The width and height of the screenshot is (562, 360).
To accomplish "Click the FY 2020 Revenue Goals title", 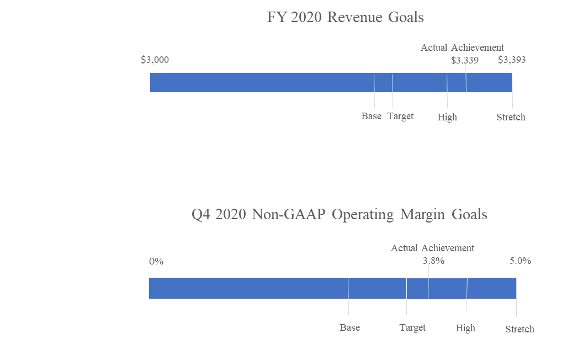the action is [345, 17].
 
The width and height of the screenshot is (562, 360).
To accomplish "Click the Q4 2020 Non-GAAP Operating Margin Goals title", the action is [339, 214].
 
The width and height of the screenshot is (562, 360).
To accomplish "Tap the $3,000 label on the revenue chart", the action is [155, 60].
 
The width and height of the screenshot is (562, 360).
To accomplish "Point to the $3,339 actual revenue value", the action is [464, 60].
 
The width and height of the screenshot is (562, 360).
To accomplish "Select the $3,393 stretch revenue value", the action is [512, 60].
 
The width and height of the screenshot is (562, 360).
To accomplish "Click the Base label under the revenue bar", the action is [372, 116].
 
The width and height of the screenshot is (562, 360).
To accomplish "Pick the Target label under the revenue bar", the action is [400, 116].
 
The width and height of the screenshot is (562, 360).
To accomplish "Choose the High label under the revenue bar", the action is [447, 117].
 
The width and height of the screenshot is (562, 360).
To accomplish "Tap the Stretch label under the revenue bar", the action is [511, 117].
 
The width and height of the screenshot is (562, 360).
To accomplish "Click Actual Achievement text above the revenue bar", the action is [462, 47].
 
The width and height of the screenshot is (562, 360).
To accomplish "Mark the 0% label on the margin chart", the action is [156, 261].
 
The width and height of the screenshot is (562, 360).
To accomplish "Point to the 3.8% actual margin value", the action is [434, 261].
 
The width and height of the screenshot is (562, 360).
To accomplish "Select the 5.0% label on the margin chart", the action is [521, 261].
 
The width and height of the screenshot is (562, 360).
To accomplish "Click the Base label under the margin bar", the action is [350, 328].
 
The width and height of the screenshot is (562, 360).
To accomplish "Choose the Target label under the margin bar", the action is [412, 328].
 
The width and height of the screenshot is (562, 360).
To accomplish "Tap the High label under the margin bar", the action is [465, 328].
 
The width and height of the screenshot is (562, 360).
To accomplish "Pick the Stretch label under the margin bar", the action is [519, 329].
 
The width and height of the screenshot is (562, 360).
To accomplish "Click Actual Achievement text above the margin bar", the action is [432, 248].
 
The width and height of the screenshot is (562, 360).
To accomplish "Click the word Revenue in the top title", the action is [355, 17].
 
